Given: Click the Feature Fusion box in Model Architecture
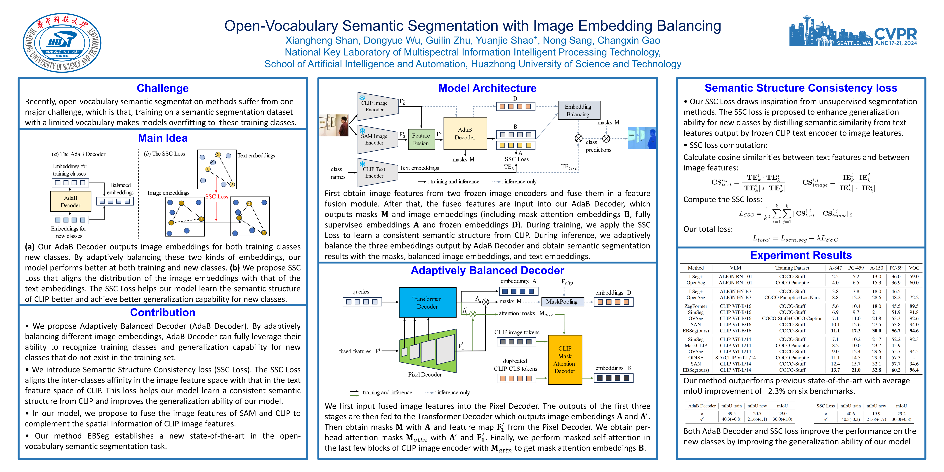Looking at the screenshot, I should click(421, 139).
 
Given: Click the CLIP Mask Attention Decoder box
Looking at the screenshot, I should click(565, 360).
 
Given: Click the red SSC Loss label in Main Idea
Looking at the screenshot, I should click(217, 196).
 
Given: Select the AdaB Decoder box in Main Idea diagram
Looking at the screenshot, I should click(71, 202).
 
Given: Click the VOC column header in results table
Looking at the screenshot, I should click(914, 268).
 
